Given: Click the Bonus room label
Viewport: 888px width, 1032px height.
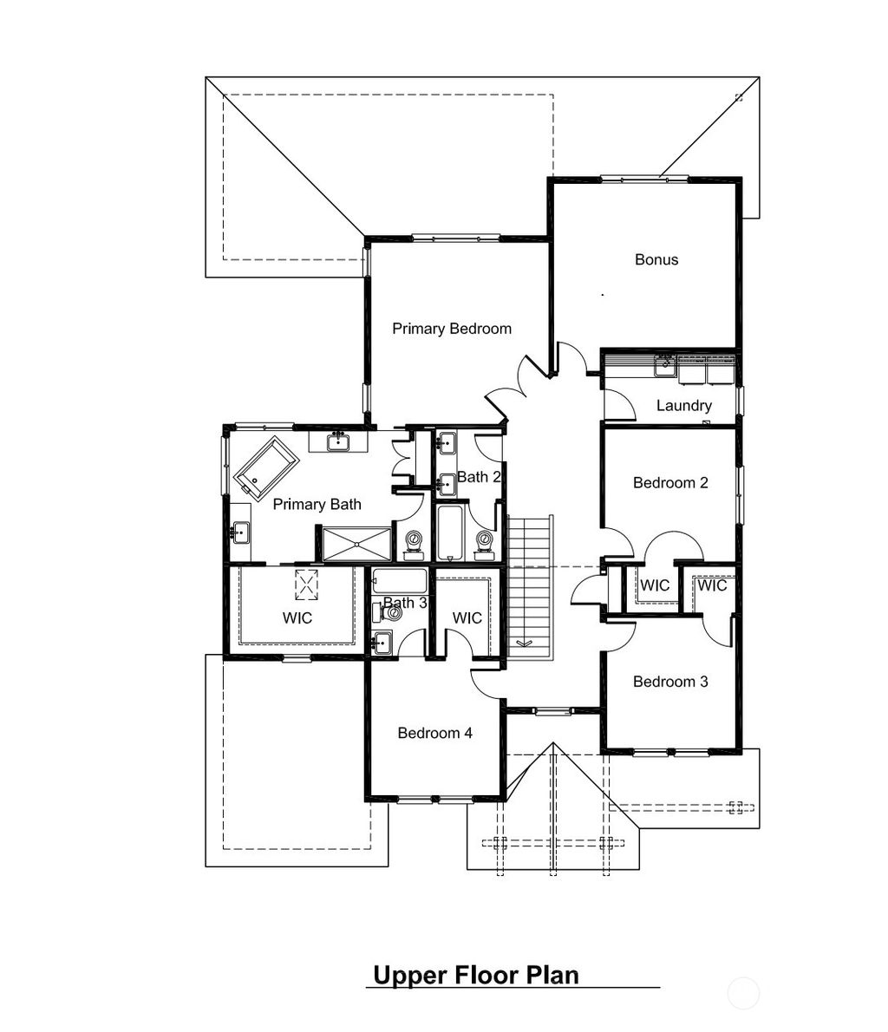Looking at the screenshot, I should [656, 259].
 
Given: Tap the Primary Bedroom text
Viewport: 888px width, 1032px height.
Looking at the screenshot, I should [451, 329].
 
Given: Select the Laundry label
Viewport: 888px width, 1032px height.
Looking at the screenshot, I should [683, 405].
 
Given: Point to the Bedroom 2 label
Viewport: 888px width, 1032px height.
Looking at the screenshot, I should [670, 482].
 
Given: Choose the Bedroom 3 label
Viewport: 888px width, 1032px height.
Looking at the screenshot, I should [670, 682].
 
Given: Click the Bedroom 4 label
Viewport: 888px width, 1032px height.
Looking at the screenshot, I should [434, 733].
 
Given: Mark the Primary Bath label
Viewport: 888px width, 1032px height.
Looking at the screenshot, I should [317, 504].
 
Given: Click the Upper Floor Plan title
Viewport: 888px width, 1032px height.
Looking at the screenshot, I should [475, 975].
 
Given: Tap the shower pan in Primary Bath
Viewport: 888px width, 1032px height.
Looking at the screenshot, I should [356, 544].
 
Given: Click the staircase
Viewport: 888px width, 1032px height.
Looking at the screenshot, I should [529, 585].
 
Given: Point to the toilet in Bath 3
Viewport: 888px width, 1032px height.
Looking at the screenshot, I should [393, 613].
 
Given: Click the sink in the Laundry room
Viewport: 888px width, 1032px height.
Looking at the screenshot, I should [665, 366].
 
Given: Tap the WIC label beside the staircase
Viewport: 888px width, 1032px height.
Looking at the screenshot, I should [467, 617].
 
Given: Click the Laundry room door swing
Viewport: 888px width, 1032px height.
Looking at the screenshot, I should [617, 403].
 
